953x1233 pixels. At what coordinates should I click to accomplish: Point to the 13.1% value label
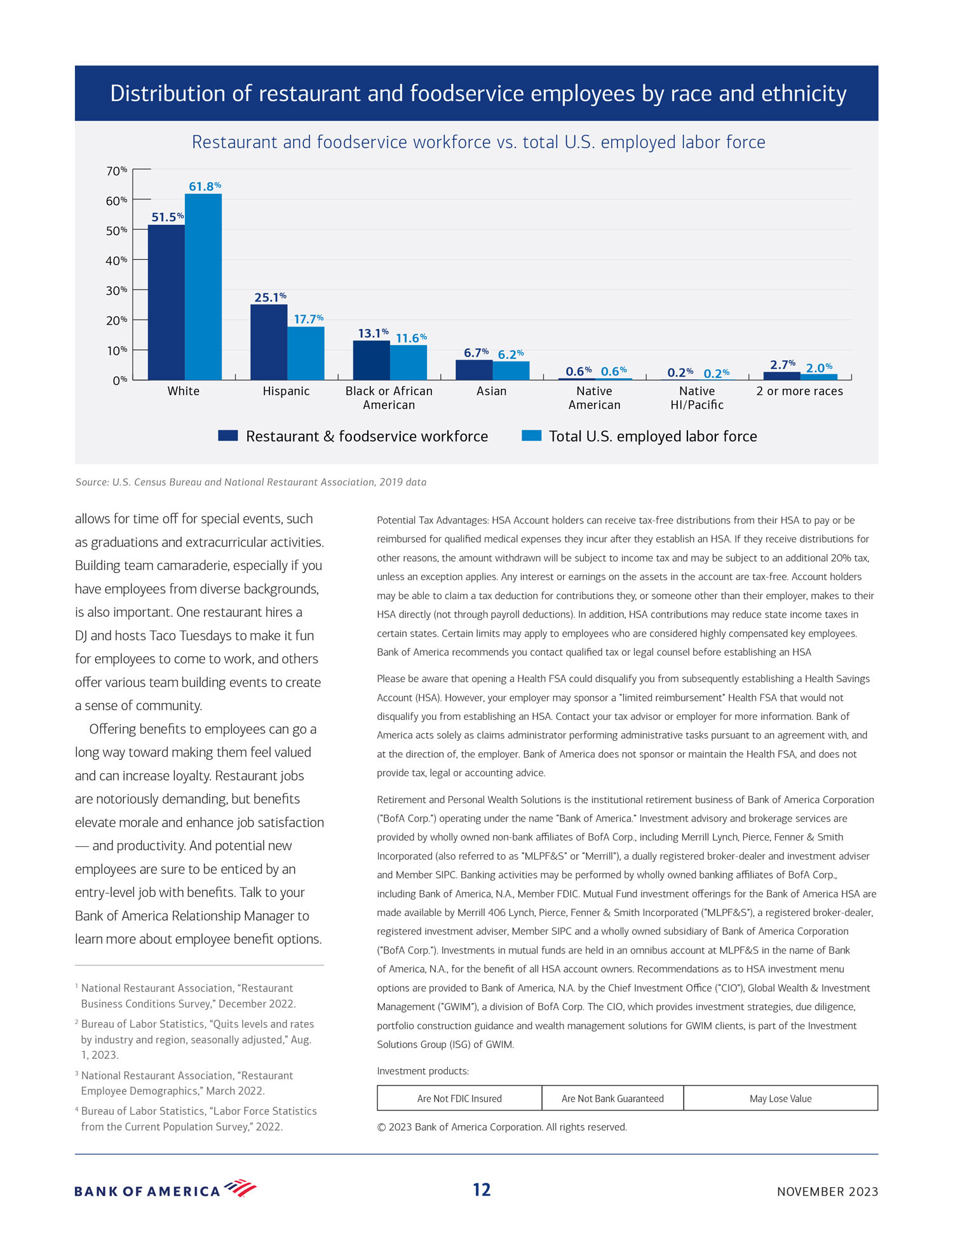pos(373,333)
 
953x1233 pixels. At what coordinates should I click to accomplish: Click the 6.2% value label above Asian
pos(510,354)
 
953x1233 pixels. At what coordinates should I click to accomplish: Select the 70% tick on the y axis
pos(116,171)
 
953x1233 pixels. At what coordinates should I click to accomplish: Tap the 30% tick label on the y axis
pos(116,290)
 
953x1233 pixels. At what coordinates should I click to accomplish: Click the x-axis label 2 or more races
pos(799,391)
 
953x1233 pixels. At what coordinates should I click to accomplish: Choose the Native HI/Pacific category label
pos(697,398)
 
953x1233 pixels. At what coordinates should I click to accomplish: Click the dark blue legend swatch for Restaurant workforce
pos(227,436)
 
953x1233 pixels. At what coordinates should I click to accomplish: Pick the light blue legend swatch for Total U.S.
pos(531,436)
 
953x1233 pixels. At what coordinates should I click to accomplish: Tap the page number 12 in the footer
pos(482,1190)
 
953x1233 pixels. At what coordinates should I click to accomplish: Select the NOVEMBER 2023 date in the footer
pos(827,1192)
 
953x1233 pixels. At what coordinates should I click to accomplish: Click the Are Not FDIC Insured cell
pos(459,1098)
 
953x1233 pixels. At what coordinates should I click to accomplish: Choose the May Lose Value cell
pos(780,1098)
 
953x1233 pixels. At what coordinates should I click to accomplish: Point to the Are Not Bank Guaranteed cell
pos(612,1098)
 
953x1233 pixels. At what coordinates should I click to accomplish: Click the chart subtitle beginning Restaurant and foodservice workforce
pos(478,142)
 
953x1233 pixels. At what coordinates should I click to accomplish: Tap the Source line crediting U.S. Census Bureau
pos(251,482)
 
